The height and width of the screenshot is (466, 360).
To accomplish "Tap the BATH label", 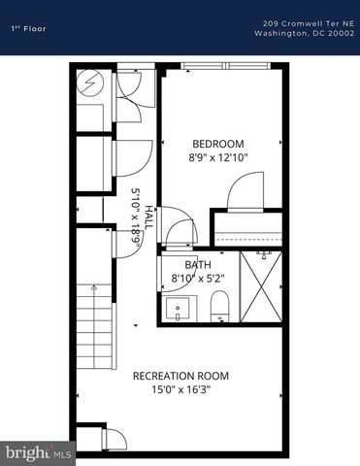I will click(x=198, y=264).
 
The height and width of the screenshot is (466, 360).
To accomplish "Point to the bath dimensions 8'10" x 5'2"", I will click(x=198, y=278).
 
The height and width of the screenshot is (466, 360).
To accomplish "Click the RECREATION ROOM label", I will click(x=180, y=376).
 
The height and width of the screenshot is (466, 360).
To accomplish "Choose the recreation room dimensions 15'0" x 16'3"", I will click(x=180, y=389).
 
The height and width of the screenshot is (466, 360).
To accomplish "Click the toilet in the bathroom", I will click(x=219, y=305).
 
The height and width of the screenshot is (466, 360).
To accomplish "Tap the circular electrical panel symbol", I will click(x=89, y=83).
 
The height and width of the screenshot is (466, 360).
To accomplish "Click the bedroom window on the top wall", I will click(x=225, y=66).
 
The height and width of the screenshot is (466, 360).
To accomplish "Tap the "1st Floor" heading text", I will click(x=29, y=29).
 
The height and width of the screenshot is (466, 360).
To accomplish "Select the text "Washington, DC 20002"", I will click(x=305, y=33).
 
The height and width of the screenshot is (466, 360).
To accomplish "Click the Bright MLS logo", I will click(x=38, y=452).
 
